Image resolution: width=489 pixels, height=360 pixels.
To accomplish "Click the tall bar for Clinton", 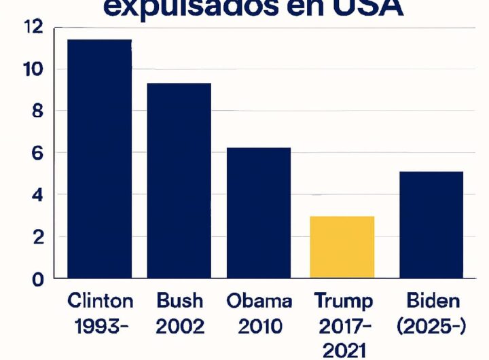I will [x=99, y=159].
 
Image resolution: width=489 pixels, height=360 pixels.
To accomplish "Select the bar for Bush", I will [x=179, y=181].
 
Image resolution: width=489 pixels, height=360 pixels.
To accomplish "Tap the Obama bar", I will [x=259, y=213].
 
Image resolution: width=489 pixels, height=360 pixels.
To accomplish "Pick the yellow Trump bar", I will [x=342, y=247].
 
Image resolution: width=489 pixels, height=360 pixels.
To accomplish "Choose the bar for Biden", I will [x=431, y=225].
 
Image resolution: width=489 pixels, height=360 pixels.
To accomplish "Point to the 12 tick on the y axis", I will [x=33, y=27].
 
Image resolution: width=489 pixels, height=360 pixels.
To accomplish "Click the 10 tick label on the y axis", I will [x=33, y=69].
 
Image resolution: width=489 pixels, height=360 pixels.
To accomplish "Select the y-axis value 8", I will [x=37, y=111].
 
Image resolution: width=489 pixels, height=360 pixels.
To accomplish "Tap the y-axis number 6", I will [x=37, y=154].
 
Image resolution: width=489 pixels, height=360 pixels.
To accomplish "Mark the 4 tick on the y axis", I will [x=37, y=196].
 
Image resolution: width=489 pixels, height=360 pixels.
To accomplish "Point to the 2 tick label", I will [x=37, y=238].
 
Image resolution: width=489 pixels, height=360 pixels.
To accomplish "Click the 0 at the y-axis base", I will [x=37, y=279].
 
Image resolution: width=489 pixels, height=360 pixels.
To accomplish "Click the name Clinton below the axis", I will [x=101, y=301].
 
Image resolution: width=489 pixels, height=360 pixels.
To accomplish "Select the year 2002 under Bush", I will [x=180, y=327].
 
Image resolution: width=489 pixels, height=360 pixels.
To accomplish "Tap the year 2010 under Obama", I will [x=259, y=327].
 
